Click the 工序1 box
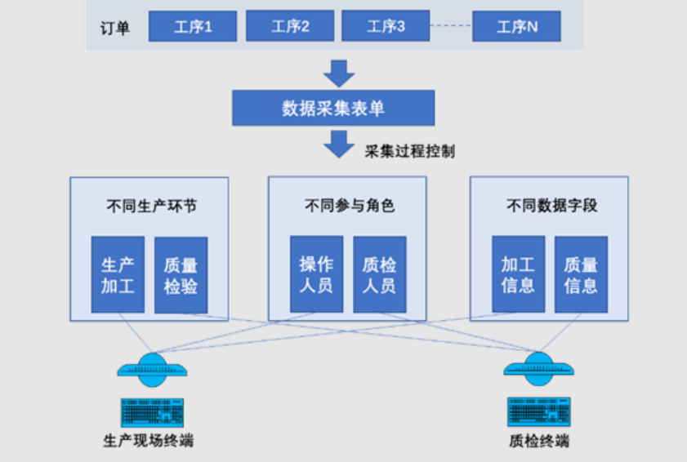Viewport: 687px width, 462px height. tap(193, 26)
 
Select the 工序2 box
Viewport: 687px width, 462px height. tap(290, 26)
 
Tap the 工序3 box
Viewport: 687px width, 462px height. tap(386, 26)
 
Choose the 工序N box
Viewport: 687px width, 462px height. tap(516, 26)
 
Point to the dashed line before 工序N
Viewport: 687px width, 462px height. tap(451, 26)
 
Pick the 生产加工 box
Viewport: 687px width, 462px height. tap(118, 275)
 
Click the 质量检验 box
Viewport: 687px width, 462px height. tap(181, 275)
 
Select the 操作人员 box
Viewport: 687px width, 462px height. tap(316, 274)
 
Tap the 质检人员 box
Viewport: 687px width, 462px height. tap(379, 274)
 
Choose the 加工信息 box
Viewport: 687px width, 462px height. tap(518, 274)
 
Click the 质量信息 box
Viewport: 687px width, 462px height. tap(581, 274)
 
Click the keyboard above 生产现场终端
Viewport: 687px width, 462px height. tap(152, 412)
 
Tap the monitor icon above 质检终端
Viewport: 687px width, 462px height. tap(538, 367)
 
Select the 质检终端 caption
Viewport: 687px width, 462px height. tap(538, 442)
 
